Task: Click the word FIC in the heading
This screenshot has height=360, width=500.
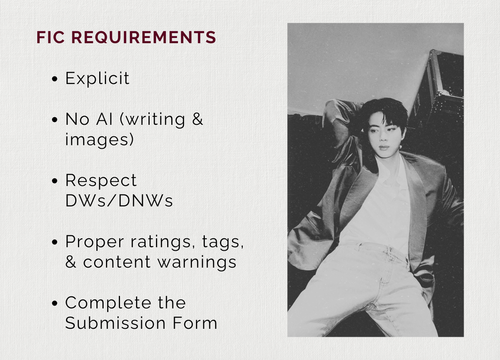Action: point(50,37)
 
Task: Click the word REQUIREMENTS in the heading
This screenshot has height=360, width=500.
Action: point(144,37)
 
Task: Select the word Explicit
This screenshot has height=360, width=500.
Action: point(97,79)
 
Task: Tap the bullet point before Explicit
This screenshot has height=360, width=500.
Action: point(54,79)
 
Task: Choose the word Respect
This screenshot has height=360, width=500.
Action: point(101,180)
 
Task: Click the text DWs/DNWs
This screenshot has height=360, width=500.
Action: point(119,201)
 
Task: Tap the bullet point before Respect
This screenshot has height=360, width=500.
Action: point(54,180)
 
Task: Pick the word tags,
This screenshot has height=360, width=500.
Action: point(223,242)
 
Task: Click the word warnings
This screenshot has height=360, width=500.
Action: point(197,262)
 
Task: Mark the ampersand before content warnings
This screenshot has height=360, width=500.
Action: point(70,262)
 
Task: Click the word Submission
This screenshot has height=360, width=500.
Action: point(115,323)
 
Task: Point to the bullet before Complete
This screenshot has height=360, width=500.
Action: point(54,303)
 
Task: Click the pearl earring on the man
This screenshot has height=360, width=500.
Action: point(400,147)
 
